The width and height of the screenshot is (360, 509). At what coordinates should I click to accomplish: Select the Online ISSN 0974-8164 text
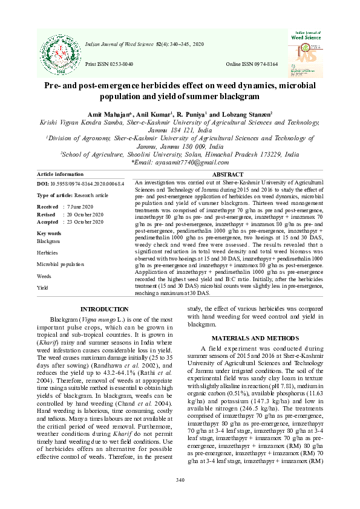(x=252, y=63)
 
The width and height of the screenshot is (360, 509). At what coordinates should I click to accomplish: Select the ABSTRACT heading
(x=228, y=174)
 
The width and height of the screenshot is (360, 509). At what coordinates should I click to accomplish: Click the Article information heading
(x=61, y=174)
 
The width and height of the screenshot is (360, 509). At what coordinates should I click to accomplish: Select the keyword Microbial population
(x=61, y=264)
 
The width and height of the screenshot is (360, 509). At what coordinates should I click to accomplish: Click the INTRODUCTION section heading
(x=104, y=310)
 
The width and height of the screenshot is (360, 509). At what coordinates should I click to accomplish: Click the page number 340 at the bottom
(x=180, y=480)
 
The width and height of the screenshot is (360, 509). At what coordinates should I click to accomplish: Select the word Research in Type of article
(x=83, y=195)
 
